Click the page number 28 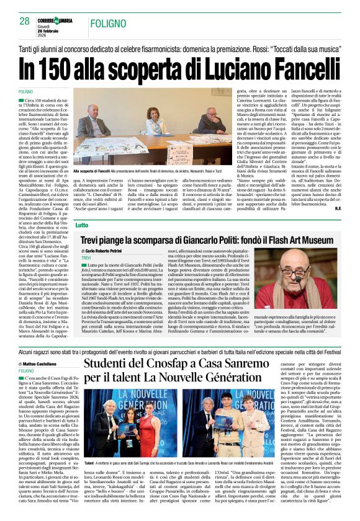pyautogui.click(x=24, y=20)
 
